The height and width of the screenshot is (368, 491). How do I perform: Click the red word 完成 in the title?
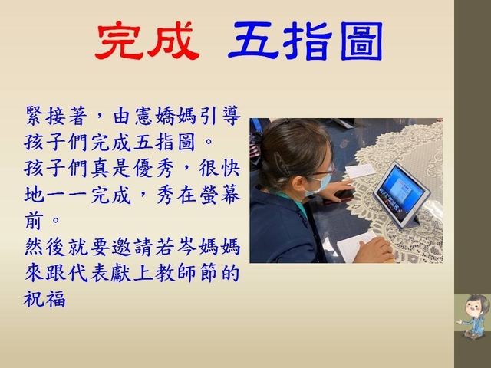(147, 41)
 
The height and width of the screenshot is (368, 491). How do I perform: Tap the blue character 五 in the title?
(253, 41)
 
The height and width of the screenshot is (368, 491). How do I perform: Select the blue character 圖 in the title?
(361, 41)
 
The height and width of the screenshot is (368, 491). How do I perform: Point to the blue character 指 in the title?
(308, 41)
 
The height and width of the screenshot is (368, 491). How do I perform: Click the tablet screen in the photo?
(398, 191)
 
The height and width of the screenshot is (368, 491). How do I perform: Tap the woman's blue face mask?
(320, 185)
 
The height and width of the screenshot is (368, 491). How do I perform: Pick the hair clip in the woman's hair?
(281, 164)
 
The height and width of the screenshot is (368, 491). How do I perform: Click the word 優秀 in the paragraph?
(153, 169)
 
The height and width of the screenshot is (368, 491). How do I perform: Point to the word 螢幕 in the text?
(220, 195)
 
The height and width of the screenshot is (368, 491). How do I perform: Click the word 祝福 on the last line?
(44, 299)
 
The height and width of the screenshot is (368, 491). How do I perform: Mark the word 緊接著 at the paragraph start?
(55, 116)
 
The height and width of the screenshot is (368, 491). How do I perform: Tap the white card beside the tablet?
(361, 171)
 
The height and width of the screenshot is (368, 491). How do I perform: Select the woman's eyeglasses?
(322, 171)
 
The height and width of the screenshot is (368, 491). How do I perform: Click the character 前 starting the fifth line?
(34, 222)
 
